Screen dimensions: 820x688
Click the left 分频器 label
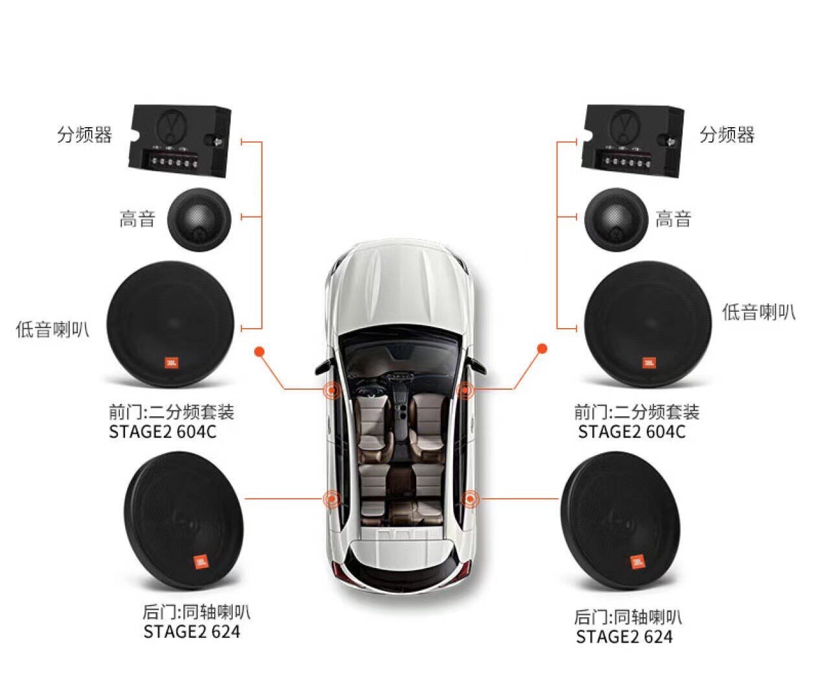click(84, 135)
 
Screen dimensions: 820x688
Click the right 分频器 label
click(727, 135)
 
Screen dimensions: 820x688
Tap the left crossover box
click(180, 141)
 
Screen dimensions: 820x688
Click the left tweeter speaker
click(200, 220)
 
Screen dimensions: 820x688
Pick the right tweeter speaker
click(616, 220)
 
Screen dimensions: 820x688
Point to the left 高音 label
click(137, 219)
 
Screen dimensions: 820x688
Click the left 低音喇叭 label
click(52, 329)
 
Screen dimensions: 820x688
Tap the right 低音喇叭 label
click(758, 313)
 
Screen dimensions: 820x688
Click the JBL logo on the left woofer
click(172, 363)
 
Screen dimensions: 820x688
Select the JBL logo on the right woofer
click(649, 362)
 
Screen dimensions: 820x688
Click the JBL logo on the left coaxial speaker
click(201, 562)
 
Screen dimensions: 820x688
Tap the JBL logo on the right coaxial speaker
click(637, 561)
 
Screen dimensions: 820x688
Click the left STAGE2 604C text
click(163, 432)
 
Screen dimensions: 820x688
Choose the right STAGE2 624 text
click(624, 637)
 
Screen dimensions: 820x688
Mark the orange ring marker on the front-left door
click(332, 390)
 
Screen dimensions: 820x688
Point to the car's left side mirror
click(322, 368)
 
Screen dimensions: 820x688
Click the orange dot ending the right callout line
click(543, 349)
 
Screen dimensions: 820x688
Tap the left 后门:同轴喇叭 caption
click(196, 611)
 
